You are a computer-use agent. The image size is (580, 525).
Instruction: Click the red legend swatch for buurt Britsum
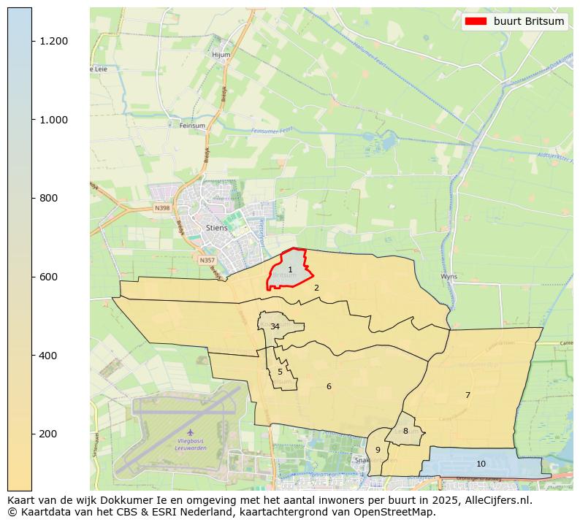click(x=475, y=21)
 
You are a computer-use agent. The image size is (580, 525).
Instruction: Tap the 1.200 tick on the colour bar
click(x=54, y=41)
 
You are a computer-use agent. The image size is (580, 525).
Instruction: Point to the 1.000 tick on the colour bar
click(x=54, y=120)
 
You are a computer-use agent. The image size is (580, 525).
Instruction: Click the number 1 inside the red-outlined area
click(x=290, y=270)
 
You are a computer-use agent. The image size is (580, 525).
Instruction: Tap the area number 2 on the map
click(x=316, y=288)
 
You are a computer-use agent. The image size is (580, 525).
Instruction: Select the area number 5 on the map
click(x=280, y=372)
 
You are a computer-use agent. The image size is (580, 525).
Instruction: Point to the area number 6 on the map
click(x=329, y=386)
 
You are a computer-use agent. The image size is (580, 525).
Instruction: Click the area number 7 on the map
click(x=468, y=395)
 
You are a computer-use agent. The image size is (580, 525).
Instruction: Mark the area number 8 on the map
click(x=405, y=431)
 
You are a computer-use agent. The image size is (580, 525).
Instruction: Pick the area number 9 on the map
click(x=378, y=450)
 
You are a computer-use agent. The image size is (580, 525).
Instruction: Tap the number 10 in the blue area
click(x=481, y=464)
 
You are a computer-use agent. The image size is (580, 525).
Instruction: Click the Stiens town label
click(x=217, y=228)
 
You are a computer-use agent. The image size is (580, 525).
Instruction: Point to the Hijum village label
click(x=221, y=55)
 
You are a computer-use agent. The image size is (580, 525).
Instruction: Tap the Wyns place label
click(x=449, y=277)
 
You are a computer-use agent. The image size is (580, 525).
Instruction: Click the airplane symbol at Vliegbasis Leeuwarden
click(x=191, y=432)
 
